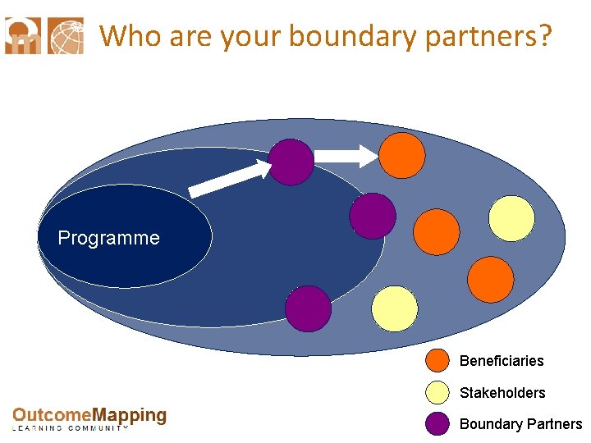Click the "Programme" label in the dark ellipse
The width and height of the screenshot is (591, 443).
coord(108,239)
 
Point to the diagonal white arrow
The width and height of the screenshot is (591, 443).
coord(231,179)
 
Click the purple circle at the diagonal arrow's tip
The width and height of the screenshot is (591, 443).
coord(291,162)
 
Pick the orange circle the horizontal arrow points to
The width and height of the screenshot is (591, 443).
coord(402,155)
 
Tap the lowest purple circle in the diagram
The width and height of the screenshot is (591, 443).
coord(308,308)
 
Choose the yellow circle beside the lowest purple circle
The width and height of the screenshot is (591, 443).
coord(395,308)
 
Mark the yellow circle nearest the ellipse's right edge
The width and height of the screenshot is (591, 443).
coord(511,218)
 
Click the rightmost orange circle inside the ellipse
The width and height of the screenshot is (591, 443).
coord(490,279)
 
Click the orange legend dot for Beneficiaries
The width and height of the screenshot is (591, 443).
coord(438,361)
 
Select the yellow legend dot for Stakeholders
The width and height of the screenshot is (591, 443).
coord(438,392)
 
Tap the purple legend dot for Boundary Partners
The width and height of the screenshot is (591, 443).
coord(438,423)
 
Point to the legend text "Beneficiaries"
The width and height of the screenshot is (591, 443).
coord(502,361)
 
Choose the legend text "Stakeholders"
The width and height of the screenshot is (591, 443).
coord(502,393)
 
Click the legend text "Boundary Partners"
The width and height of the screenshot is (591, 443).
coord(520,424)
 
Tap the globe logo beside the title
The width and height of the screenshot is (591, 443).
coord(66,36)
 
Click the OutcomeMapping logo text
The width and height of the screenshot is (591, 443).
coord(89,418)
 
